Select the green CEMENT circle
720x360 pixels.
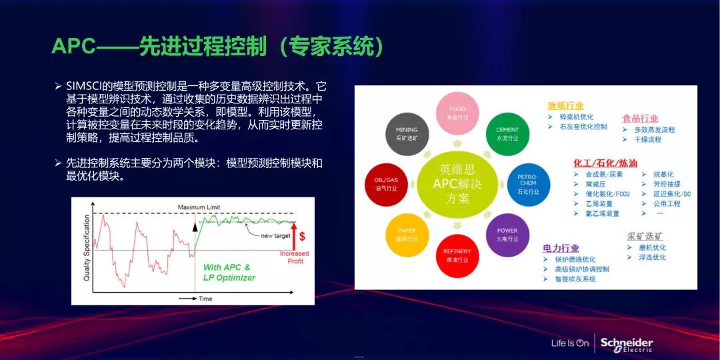pos(507,133)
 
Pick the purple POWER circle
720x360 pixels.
pos(507,234)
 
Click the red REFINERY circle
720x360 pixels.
pos(457,255)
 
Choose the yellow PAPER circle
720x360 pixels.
pos(407,234)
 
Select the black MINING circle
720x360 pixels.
pos(407,133)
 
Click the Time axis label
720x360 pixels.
pos(205,299)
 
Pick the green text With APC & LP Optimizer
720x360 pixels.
pos(229,272)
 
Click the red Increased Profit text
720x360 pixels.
pos(294,257)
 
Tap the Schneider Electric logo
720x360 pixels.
pos(626,344)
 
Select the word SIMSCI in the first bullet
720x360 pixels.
pos(83,86)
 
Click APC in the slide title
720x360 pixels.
pos(75,45)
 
